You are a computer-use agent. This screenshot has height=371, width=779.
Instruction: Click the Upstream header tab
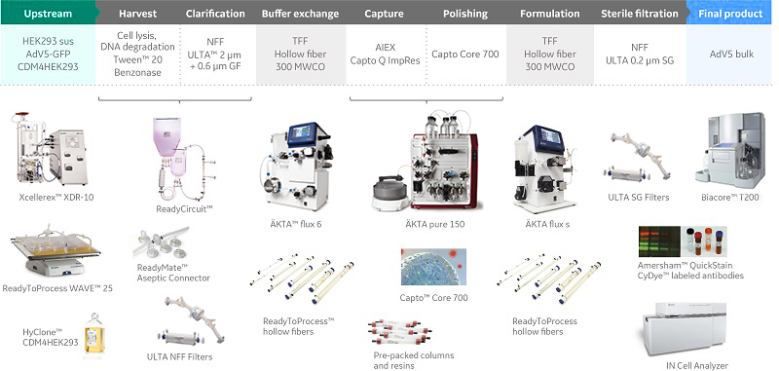(48, 13)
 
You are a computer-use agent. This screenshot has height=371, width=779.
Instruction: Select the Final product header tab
(731, 13)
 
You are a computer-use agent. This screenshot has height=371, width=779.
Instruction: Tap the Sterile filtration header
(639, 14)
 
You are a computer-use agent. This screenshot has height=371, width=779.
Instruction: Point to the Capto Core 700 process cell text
(466, 55)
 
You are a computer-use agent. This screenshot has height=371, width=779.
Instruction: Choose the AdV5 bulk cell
(731, 55)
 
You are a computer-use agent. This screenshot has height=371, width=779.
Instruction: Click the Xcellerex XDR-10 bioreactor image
(49, 150)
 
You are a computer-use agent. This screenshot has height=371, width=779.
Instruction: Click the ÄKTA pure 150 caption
(435, 224)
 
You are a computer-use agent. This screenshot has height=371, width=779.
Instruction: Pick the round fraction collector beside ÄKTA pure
(390, 192)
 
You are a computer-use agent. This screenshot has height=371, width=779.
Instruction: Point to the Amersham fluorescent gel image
(659, 241)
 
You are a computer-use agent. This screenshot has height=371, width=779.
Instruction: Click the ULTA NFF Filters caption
(179, 356)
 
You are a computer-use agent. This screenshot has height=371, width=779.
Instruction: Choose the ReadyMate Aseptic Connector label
(173, 273)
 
